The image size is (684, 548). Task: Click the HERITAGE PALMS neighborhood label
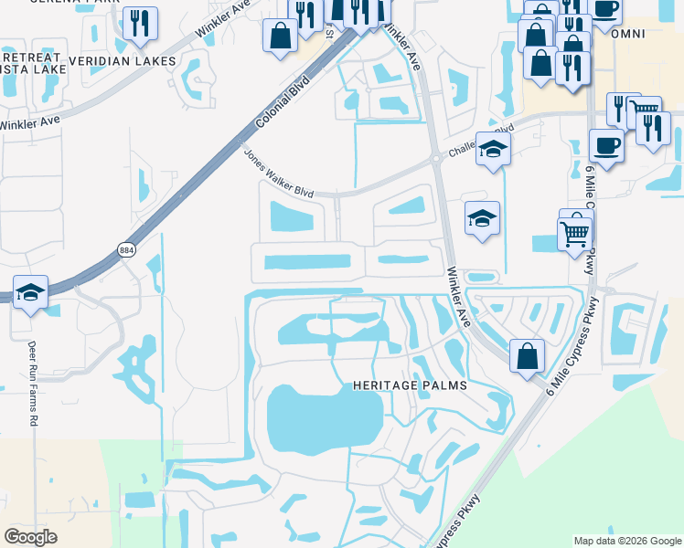[410, 385]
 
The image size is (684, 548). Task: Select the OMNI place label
[630, 34]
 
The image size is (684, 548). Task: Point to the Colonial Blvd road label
[282, 101]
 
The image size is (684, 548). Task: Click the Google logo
[30, 536]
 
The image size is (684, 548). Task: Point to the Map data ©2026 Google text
[625, 541]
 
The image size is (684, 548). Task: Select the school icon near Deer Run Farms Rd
[31, 293]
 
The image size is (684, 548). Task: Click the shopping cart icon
[575, 233]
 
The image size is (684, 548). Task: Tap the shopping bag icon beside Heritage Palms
[528, 355]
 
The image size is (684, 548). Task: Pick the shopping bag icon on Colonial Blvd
[280, 37]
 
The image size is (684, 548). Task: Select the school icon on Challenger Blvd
[493, 149]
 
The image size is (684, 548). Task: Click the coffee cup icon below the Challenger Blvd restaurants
[606, 143]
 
